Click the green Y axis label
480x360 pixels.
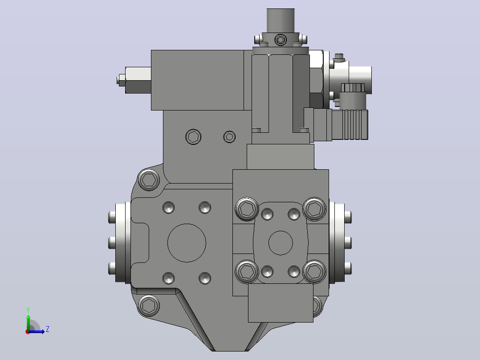click(28, 310)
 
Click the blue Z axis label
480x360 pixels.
click(48, 329)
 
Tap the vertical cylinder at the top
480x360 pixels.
click(281, 20)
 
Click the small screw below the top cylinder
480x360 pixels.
click(281, 40)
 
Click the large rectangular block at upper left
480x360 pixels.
click(197, 80)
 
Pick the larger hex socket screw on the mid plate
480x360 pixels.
click(193, 137)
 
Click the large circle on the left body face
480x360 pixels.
click(187, 243)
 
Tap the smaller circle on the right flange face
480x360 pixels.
click(281, 243)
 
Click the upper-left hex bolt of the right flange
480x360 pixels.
click(247, 209)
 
